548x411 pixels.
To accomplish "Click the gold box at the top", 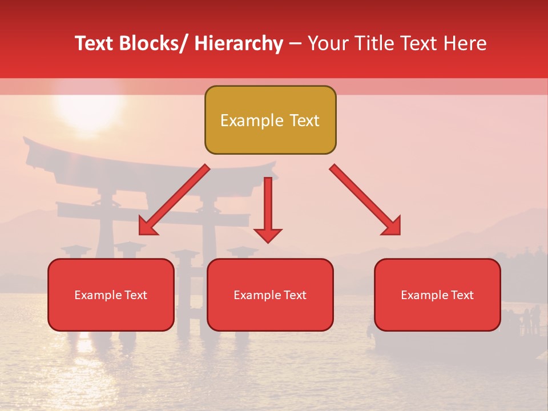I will (x=270, y=120).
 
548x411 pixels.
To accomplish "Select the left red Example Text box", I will (x=111, y=295).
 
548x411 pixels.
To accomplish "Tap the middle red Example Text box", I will (x=270, y=295).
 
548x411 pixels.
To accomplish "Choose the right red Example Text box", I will (x=437, y=295).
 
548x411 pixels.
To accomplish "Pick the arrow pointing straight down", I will (x=268, y=209).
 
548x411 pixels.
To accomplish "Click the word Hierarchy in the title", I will (x=239, y=43).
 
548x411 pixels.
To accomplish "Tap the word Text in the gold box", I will (x=304, y=120).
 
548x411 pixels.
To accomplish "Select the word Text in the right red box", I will (x=462, y=295).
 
